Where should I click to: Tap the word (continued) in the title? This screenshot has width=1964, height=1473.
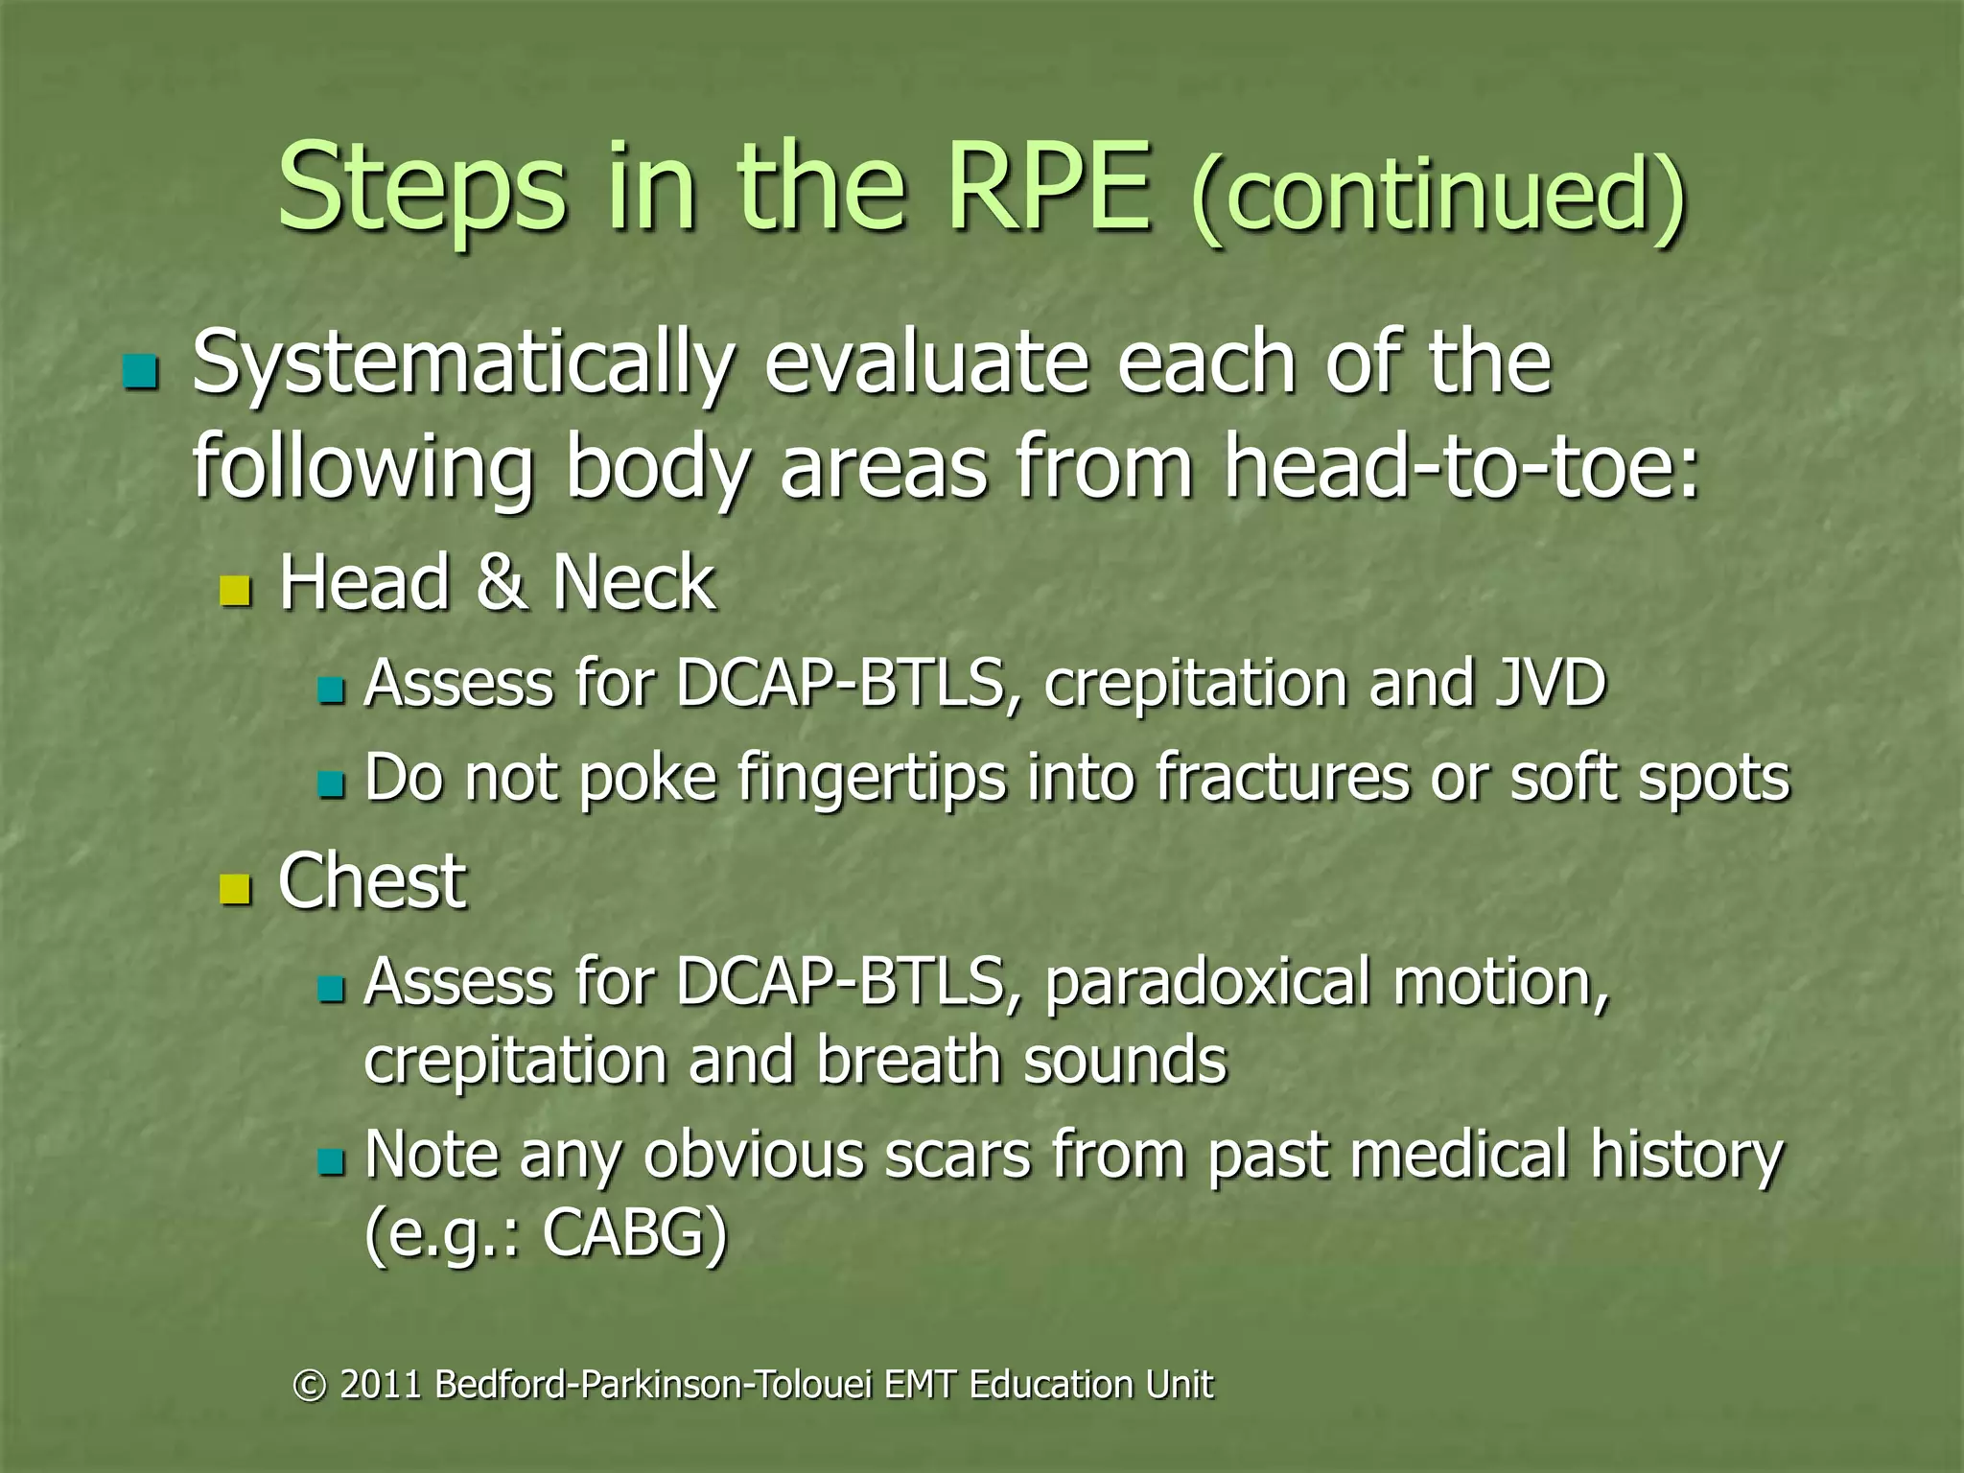pos(1437,195)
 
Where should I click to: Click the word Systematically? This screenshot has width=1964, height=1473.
pos(463,364)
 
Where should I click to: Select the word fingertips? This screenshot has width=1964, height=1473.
pos(872,778)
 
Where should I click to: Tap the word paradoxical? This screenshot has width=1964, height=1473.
pos(1206,983)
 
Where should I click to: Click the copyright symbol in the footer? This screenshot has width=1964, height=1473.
pos(309,1385)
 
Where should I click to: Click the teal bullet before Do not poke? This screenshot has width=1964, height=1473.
pos(331,785)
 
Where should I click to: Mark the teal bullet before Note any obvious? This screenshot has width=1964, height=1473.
pos(331,1162)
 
